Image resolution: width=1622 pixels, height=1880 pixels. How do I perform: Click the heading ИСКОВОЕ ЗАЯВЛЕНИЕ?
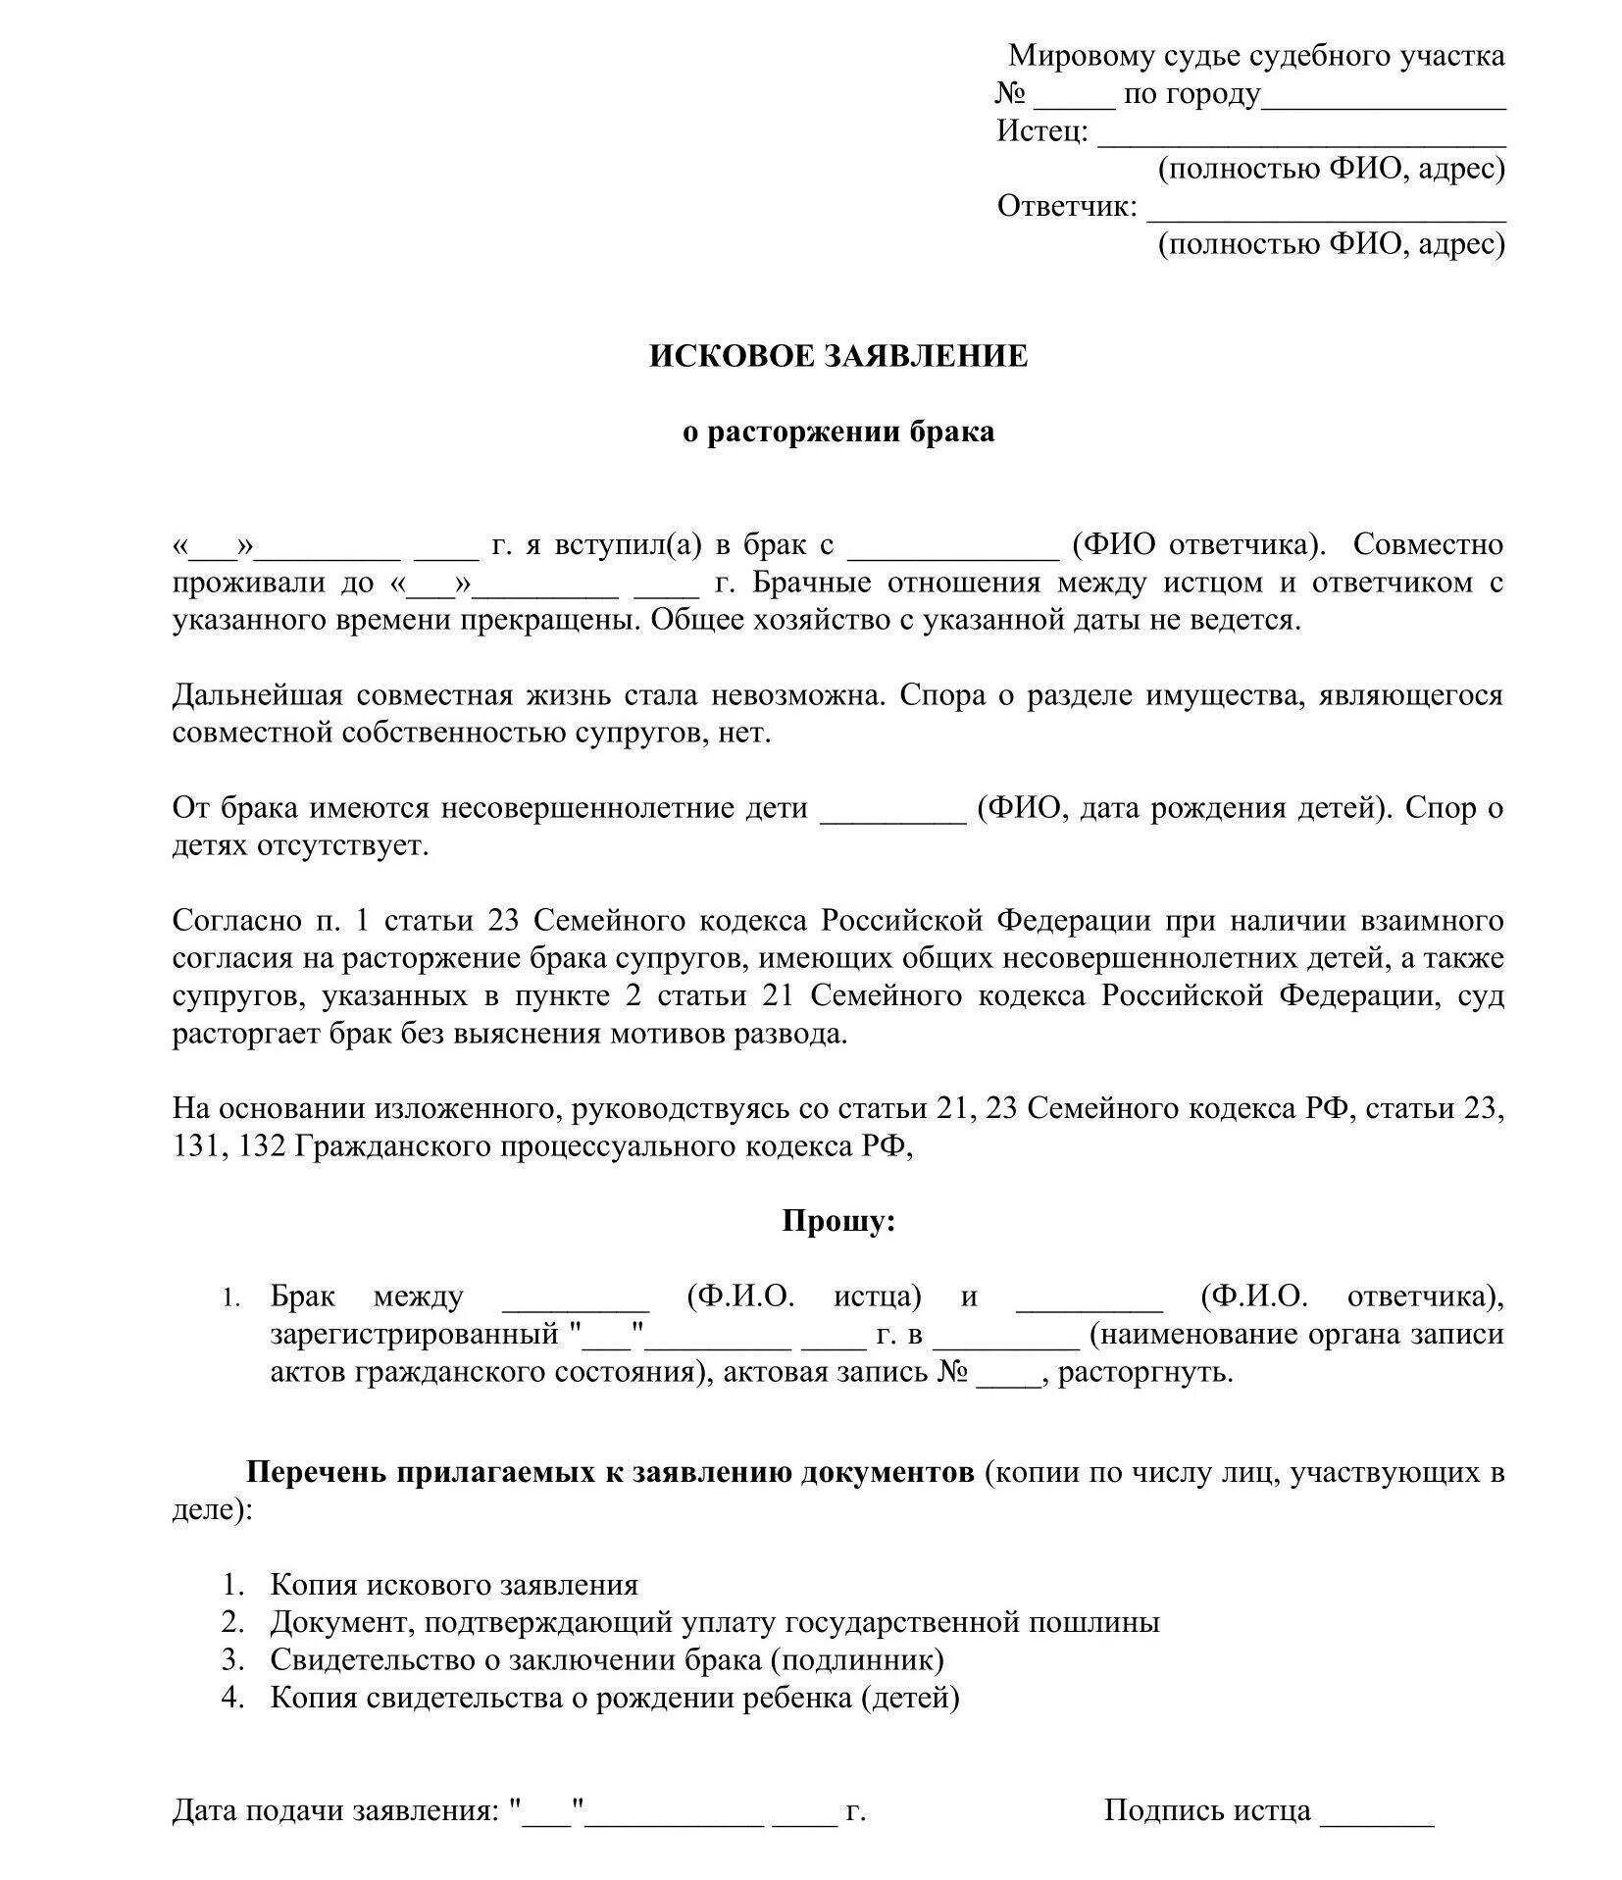[x=837, y=356]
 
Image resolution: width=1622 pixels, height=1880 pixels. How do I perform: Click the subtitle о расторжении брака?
[x=838, y=432]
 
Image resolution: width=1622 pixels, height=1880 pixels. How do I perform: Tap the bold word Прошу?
[x=838, y=1222]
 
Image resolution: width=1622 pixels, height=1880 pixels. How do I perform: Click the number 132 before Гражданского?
[x=259, y=1146]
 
